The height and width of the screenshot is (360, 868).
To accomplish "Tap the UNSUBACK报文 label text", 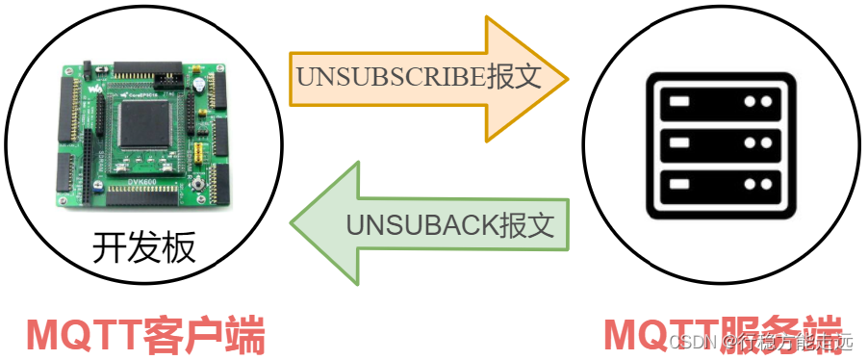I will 450,226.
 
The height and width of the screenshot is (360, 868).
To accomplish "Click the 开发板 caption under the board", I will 143,248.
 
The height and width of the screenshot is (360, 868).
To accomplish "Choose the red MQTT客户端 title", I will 145,335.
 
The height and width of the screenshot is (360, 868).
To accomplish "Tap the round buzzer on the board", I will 197,85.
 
